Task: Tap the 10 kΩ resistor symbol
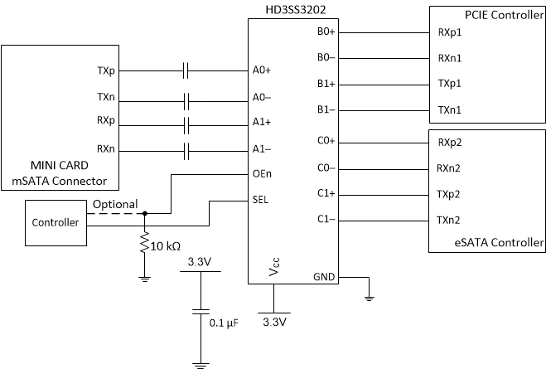click(145, 245)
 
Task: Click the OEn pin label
click(263, 174)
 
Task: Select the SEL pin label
click(261, 200)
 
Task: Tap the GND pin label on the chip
click(324, 277)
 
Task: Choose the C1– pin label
click(326, 220)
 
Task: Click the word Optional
click(116, 204)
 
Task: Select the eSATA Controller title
click(497, 243)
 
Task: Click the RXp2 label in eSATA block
click(451, 142)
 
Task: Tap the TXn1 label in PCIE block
click(450, 110)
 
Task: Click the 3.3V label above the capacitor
click(198, 263)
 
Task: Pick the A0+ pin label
click(263, 71)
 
